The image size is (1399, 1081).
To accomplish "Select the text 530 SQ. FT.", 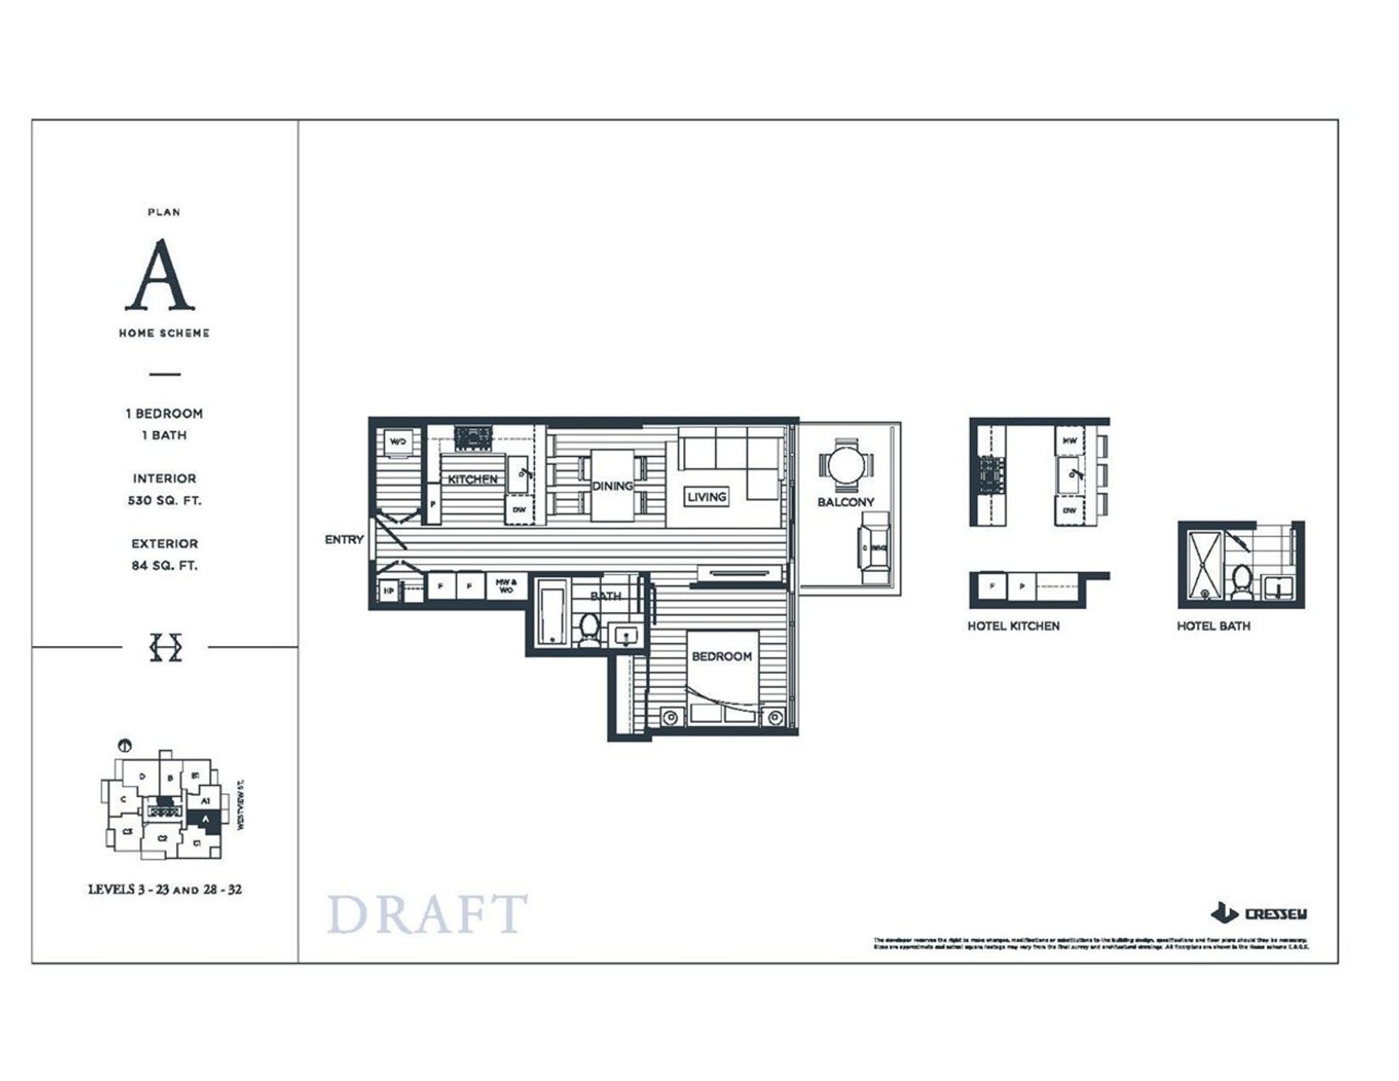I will pos(164,500).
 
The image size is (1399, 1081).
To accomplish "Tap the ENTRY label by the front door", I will pos(344,539).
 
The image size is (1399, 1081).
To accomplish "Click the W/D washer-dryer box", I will pos(398,442).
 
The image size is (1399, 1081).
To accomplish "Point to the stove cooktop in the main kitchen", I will pos(473,438).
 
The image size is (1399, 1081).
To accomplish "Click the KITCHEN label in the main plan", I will pos(472,479).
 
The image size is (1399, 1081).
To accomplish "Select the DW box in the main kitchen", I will pos(519,510).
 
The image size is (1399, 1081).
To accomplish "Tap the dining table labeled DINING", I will pos(612,486).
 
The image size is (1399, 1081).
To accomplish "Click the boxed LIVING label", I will pos(706,497).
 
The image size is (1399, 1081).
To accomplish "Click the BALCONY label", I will pos(845,502).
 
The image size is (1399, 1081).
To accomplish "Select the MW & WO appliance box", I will pos(506,586).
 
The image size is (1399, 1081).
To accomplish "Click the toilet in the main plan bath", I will pos(589,629).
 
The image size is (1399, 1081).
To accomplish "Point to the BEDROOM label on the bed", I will pos(721,656).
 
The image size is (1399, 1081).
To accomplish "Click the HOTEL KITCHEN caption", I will pos(1013,626).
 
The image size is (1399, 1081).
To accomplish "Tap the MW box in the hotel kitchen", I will pos(1069,441).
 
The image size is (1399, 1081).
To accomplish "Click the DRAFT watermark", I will pos(427,915).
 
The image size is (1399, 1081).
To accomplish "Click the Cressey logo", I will pos(1259,913).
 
